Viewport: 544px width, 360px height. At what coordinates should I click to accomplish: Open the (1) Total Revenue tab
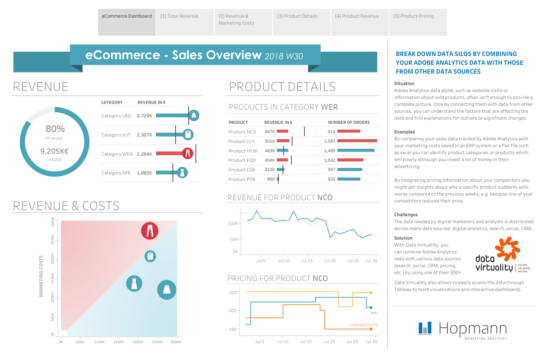point(179,16)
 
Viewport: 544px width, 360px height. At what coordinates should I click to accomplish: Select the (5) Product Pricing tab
point(414,16)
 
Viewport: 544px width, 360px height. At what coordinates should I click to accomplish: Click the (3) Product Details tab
point(297,16)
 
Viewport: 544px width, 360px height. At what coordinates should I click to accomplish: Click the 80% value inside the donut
point(55,129)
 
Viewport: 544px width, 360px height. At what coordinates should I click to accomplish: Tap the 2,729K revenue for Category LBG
point(145,116)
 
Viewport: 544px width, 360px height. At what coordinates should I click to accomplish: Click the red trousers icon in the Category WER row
point(187,153)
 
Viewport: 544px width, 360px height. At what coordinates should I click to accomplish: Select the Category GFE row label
point(116,173)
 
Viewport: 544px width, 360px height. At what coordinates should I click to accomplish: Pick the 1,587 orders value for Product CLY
point(330,141)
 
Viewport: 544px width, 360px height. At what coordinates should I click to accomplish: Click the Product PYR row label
point(242,179)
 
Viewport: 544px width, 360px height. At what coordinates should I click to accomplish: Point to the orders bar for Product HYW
point(356,151)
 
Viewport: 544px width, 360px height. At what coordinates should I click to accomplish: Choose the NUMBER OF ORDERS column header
point(349,123)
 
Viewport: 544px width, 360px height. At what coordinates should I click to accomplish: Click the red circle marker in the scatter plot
point(150,231)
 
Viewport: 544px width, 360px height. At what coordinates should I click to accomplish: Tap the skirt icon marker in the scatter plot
point(167,289)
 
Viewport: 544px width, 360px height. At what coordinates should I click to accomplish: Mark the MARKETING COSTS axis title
point(41,276)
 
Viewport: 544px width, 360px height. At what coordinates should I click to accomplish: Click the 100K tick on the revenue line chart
point(233,224)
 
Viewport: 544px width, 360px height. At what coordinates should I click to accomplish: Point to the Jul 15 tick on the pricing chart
point(306,342)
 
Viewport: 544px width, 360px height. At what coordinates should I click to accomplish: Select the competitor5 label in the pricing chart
point(364,325)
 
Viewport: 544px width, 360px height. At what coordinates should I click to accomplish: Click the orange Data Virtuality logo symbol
point(507,248)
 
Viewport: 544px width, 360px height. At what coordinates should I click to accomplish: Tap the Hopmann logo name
point(472,329)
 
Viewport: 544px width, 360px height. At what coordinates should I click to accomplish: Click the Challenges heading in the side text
point(406,215)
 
